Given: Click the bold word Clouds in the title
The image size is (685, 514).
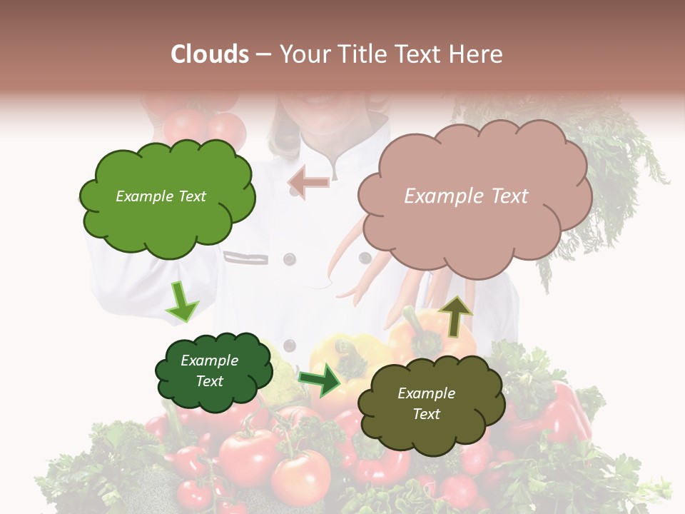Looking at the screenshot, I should (x=210, y=54).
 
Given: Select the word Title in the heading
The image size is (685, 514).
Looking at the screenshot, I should (x=361, y=54).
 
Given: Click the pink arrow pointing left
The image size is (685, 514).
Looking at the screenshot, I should (x=308, y=182).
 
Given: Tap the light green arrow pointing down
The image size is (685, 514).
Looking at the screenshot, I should (x=181, y=301).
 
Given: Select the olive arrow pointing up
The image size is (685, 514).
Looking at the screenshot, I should (x=455, y=315).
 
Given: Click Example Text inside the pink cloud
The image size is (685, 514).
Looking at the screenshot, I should (x=466, y=196).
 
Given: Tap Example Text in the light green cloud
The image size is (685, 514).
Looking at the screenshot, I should (x=161, y=196).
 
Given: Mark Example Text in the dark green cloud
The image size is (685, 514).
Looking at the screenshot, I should (x=210, y=371).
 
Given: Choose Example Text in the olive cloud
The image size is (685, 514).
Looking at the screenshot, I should (x=427, y=403).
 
